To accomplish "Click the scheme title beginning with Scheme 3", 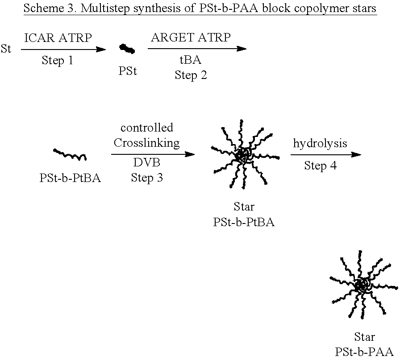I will coord(200,8).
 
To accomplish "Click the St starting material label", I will coord(6,49).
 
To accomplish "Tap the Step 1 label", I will coord(57,61).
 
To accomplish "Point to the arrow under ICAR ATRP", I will coord(63,50).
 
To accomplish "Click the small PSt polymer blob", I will coord(127,49).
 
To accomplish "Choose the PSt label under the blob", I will coord(128,71).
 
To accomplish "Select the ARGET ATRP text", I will coord(191,37).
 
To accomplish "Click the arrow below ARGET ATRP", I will coord(196,49).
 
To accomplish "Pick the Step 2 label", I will coord(191,75).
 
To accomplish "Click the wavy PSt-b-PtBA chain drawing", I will coord(70,155).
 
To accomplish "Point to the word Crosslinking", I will coord(146,143).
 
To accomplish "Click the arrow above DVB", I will coord(153,154).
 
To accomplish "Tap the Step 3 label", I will coord(146,178).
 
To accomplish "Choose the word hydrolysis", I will coord(320,143).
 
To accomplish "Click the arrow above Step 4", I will coord(325,154).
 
